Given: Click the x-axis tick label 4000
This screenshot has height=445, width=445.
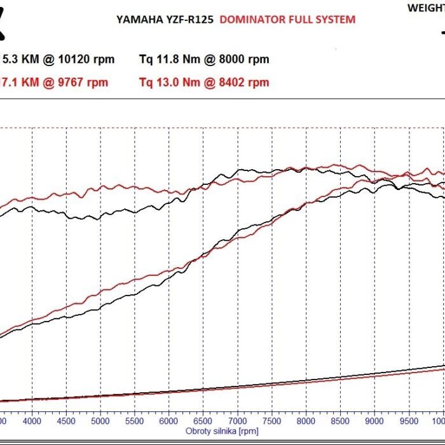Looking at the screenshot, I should (32, 420).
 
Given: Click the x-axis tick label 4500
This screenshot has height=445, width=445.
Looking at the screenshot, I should (66, 420).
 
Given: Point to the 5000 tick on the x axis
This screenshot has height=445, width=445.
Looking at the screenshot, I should (100, 420).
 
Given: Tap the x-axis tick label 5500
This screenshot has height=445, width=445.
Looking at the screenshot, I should (135, 420).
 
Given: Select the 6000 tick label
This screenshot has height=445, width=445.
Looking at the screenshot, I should (169, 420).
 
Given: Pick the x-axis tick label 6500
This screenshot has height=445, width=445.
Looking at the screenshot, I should (203, 420).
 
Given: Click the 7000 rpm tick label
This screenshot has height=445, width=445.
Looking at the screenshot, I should (238, 420).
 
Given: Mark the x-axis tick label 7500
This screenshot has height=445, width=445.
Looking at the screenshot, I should (272, 420).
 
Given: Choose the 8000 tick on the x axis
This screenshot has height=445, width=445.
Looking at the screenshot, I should (306, 420).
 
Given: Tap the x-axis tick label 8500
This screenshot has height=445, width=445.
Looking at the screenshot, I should (341, 420).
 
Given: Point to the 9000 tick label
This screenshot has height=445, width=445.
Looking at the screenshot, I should (375, 420).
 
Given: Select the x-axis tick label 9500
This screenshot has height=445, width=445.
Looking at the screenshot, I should (409, 420).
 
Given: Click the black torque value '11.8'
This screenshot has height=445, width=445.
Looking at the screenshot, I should (165, 60).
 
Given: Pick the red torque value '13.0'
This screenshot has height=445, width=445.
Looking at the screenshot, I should (165, 82).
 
